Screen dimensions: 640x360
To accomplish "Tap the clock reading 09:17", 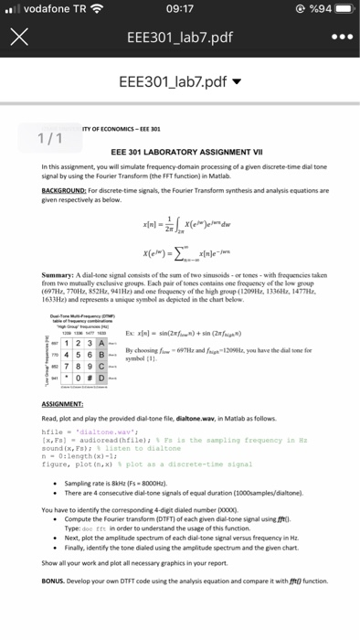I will (179, 11).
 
